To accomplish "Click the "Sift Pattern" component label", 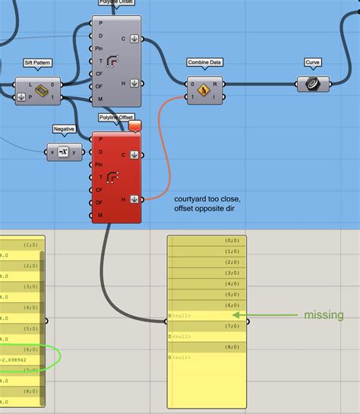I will pyautogui.click(x=38, y=63).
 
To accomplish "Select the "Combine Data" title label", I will pyautogui.click(x=204, y=63).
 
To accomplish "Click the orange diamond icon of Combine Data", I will pyautogui.click(x=204, y=90).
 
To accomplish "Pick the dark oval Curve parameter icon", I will pyautogui.click(x=312, y=84).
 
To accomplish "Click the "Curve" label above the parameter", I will pyautogui.click(x=312, y=62).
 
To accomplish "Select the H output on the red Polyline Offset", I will pyautogui.click(x=124, y=199).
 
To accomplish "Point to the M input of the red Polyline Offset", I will pyautogui.click(x=99, y=216).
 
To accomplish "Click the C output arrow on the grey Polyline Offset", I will pyautogui.click(x=134, y=38).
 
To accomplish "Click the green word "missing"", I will pyautogui.click(x=324, y=315).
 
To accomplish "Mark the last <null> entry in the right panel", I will pyautogui.click(x=182, y=357).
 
